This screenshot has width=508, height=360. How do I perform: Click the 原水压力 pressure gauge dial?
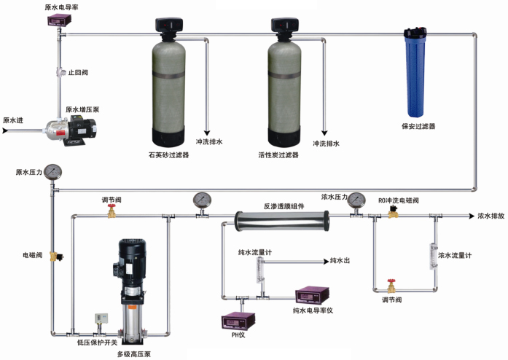coord(52,173)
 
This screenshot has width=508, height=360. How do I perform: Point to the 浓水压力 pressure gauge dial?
coord(356,199)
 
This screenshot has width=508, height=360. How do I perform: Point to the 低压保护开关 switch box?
coord(100,319)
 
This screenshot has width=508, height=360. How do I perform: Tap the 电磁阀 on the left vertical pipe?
coord(55,257)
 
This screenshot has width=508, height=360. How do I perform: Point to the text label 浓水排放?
coord(491,216)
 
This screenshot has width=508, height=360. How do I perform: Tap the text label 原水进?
coord(12,120)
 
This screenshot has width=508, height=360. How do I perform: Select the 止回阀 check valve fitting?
coord(58,74)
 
